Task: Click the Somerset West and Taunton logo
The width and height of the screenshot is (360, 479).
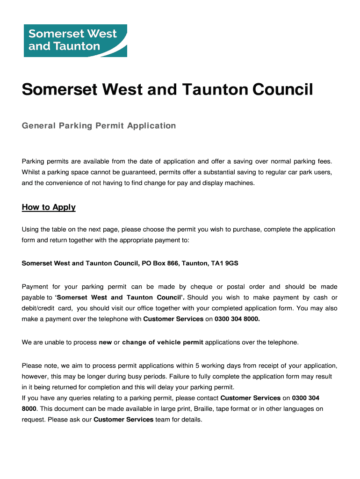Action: coord(75,40)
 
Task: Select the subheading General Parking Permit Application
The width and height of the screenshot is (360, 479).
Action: coord(99,125)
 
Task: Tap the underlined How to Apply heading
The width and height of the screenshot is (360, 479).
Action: coord(49,207)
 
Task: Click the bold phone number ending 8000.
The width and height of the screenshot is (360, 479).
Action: coord(237,319)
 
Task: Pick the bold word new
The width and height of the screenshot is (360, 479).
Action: coord(105,342)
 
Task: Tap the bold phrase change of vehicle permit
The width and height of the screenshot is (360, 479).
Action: coord(163,342)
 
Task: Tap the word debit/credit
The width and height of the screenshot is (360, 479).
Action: coord(39,308)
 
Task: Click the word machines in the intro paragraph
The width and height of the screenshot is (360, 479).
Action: coord(240,183)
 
